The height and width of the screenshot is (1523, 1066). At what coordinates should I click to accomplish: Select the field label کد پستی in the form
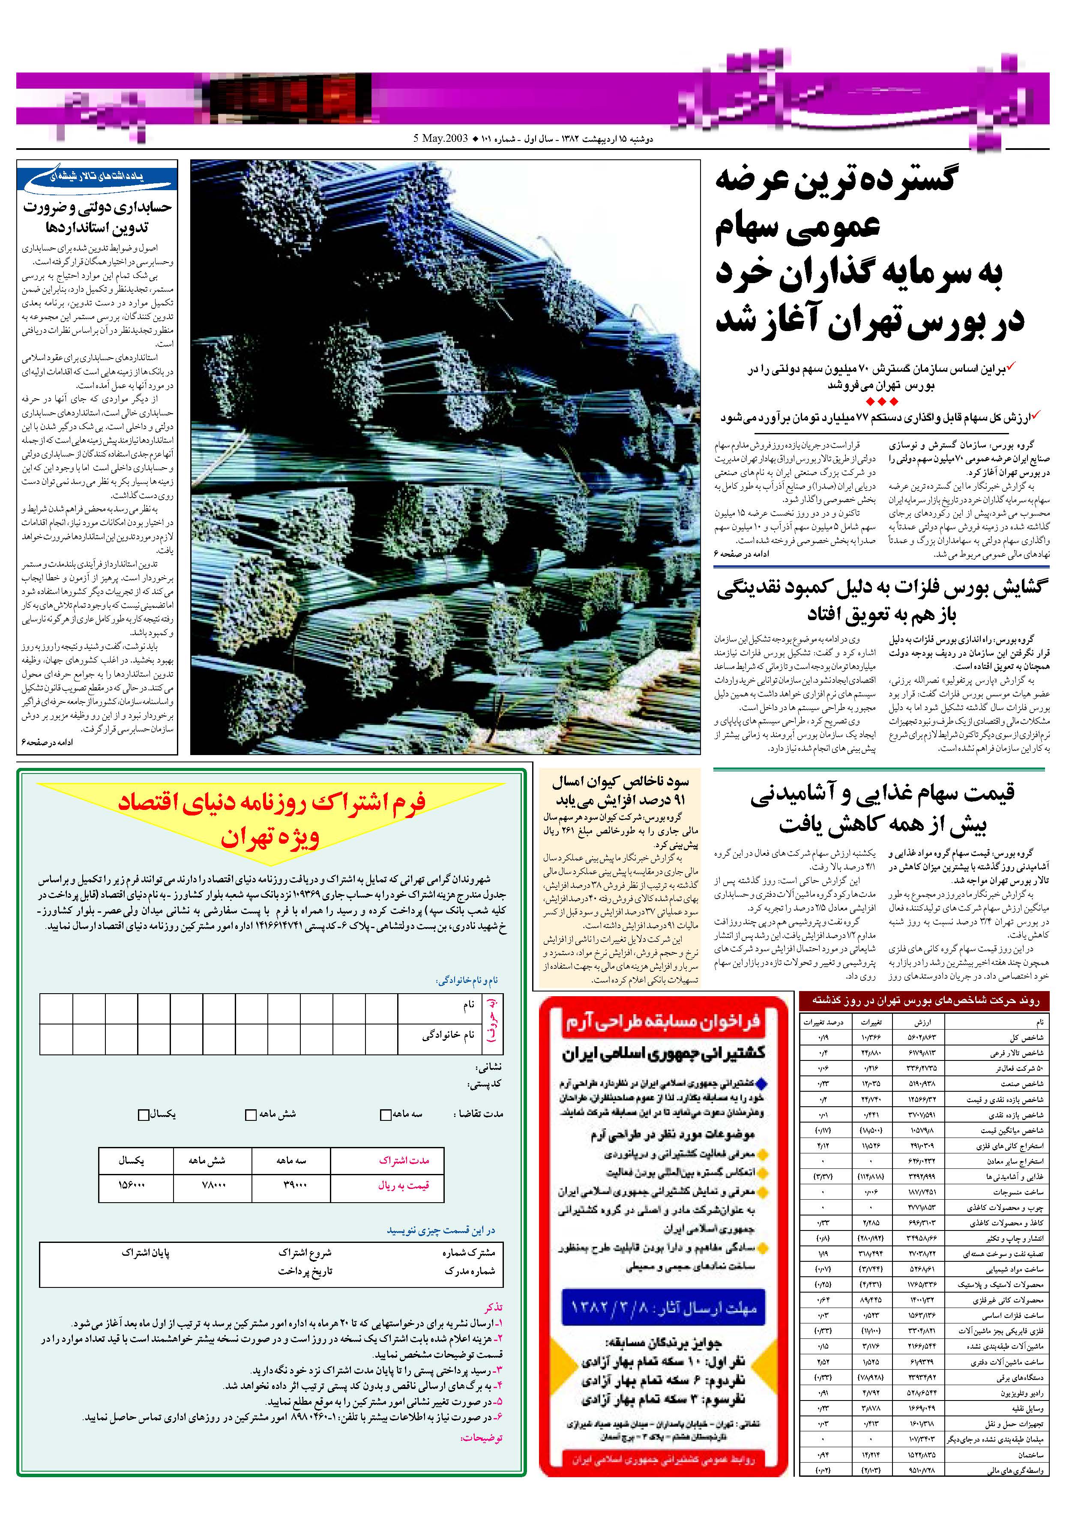click(x=485, y=1084)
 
